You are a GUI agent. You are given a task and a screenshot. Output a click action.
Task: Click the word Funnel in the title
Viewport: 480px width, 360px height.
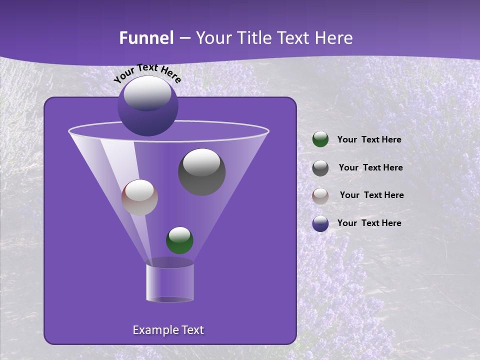point(146,38)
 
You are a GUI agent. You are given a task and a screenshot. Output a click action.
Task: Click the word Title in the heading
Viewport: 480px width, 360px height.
point(253,38)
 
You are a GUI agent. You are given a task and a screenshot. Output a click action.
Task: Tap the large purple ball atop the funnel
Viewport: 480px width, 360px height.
point(147,106)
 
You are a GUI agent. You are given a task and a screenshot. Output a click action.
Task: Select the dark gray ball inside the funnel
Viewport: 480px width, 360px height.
point(201,171)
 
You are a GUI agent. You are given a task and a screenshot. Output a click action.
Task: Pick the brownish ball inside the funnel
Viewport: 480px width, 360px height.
point(139,197)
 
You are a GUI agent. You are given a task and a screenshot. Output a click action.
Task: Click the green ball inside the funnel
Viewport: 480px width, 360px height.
point(179,240)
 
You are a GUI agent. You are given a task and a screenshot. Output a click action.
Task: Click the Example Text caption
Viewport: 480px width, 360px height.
point(168,330)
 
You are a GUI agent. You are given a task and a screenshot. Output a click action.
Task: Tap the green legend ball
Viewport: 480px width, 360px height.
point(320,139)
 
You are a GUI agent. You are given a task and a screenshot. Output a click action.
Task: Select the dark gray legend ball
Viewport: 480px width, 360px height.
point(320,167)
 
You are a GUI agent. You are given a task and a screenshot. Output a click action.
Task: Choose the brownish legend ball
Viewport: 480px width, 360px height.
point(320,195)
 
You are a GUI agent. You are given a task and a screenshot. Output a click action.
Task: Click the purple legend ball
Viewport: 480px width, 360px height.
point(320,223)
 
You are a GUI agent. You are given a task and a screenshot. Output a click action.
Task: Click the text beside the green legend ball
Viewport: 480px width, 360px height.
point(369,139)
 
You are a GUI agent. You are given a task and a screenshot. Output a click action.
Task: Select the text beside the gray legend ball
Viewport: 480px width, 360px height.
point(370,167)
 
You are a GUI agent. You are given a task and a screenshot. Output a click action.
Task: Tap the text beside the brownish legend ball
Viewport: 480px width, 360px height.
point(371,195)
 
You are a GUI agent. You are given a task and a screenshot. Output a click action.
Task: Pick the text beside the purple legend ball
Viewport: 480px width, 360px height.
point(369,223)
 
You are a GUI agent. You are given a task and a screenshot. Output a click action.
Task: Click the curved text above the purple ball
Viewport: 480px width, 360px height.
point(147,73)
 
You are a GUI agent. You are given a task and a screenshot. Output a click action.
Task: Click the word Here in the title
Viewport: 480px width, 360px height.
point(335,38)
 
